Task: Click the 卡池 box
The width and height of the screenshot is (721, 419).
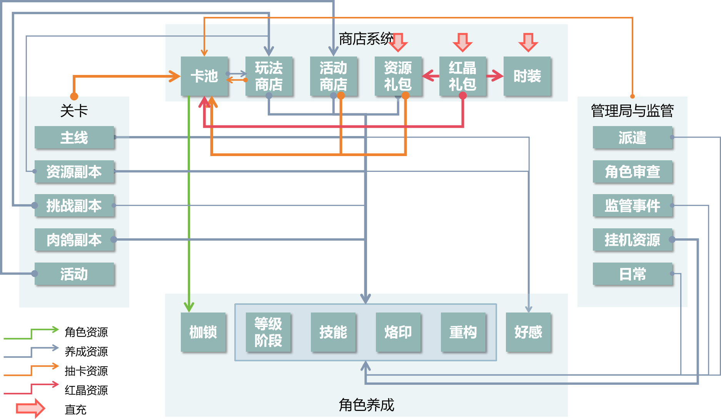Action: [204, 76]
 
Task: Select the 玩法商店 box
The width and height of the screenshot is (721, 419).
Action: [269, 76]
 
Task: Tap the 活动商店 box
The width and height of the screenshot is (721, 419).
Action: [334, 76]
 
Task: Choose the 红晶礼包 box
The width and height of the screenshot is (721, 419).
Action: [462, 76]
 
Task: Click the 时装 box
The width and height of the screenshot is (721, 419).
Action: [527, 76]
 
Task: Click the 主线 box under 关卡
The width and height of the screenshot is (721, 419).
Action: [74, 137]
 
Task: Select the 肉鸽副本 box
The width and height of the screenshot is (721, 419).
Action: [74, 239]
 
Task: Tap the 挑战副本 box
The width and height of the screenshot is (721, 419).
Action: [74, 206]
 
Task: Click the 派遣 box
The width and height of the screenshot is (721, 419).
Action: [632, 137]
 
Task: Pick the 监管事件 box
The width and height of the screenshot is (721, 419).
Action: [632, 206]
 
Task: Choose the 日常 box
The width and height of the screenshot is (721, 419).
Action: [632, 274]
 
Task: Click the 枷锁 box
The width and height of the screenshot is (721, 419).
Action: [203, 332]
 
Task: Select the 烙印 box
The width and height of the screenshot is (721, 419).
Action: [398, 332]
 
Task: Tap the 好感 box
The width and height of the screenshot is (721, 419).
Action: [528, 332]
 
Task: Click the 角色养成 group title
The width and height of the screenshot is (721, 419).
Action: [366, 405]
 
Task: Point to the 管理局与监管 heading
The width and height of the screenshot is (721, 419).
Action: [632, 111]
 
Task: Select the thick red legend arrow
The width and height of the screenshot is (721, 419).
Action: [30, 408]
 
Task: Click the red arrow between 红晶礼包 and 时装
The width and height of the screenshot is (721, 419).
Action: [495, 76]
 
